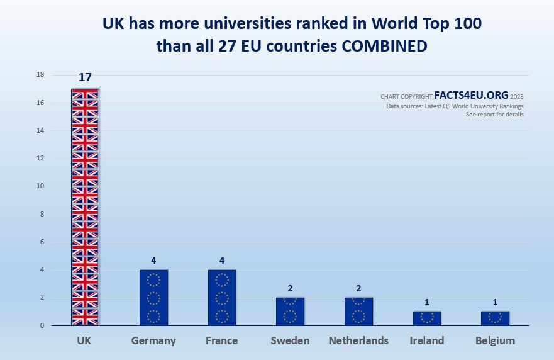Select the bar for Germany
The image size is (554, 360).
(153, 298)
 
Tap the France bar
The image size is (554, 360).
(222, 298)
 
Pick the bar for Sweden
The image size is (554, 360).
(290, 312)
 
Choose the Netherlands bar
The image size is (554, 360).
(358, 312)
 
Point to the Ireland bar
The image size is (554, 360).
(426, 318)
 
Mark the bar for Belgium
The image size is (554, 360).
(495, 318)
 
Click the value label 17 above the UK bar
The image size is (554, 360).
(85, 78)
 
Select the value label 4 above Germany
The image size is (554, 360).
(153, 261)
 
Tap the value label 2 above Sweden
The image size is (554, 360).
(290, 288)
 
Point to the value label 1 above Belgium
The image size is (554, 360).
(495, 302)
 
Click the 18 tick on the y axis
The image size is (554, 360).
(40, 75)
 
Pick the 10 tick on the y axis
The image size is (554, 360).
(40, 186)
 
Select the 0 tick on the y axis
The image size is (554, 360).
(42, 325)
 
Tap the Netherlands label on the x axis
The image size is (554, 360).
(358, 341)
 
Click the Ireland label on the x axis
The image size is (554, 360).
(426, 341)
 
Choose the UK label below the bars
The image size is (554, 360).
(85, 341)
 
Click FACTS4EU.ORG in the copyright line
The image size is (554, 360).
(471, 96)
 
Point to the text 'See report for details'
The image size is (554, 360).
(494, 115)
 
